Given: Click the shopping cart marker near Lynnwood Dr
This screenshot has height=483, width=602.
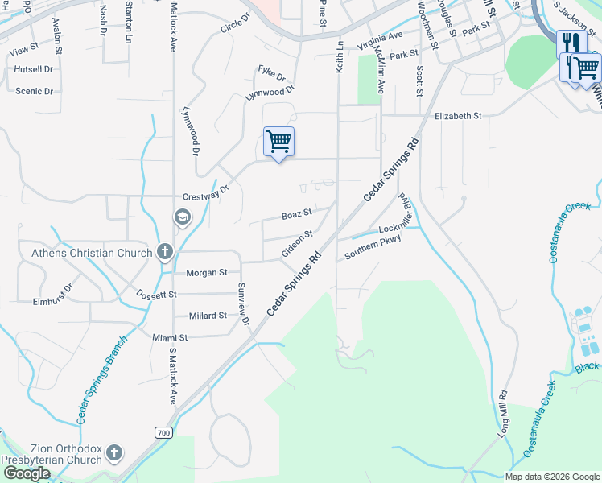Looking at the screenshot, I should (278, 142).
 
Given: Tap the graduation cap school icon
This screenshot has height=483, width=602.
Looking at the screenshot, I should (182, 217).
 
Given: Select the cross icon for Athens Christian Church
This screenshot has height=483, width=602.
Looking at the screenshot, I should (164, 252).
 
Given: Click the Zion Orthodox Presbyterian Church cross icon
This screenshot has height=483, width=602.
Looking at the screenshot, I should (114, 453).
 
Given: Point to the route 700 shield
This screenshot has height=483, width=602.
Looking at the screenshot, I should (164, 433).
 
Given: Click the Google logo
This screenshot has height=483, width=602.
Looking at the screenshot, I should (27, 474).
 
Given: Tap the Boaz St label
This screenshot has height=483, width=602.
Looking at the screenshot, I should (296, 216).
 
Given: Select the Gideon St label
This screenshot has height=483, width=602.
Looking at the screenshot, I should (297, 244).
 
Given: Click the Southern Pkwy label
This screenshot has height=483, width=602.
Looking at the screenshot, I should (373, 246).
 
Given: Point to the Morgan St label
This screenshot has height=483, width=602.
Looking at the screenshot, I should (207, 273).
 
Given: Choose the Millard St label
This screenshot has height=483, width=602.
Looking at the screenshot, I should (208, 316).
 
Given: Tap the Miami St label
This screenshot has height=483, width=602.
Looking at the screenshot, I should (170, 338).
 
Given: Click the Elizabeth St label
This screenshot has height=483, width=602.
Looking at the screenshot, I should (458, 116).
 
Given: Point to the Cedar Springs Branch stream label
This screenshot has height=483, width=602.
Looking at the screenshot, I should (102, 381).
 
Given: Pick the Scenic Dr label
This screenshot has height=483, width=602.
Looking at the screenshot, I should (34, 91).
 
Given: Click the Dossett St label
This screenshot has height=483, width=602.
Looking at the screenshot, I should (156, 295).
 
